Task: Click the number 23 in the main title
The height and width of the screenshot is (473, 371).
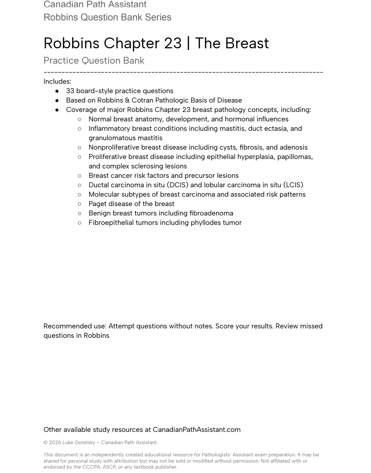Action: (173, 43)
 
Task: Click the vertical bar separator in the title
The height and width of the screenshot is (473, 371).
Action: (188, 43)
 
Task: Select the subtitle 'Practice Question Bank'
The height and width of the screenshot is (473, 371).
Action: (94, 61)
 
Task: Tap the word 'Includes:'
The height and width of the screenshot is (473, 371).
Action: (57, 82)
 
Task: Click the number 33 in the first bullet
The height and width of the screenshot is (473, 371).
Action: (70, 91)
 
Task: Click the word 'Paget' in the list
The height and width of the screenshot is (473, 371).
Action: (97, 204)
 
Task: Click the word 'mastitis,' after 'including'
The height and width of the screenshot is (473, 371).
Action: (233, 129)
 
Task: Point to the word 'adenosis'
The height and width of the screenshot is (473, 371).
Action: (294, 147)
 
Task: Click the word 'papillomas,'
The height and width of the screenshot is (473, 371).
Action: (295, 157)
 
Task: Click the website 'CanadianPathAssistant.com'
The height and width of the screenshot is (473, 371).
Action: (196, 430)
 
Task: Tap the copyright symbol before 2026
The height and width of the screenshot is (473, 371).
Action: (46, 443)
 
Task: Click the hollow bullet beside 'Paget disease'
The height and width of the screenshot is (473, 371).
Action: (80, 204)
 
